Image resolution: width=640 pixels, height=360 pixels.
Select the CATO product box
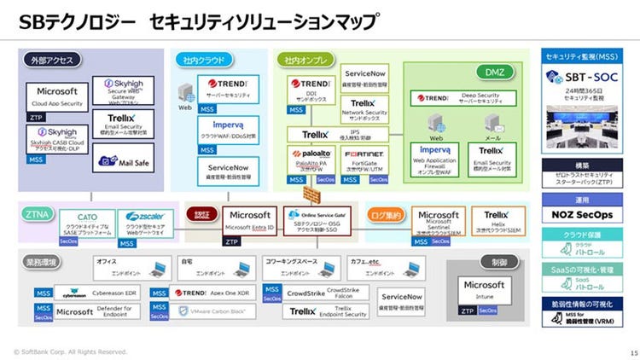pyautogui.click(x=89, y=224)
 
